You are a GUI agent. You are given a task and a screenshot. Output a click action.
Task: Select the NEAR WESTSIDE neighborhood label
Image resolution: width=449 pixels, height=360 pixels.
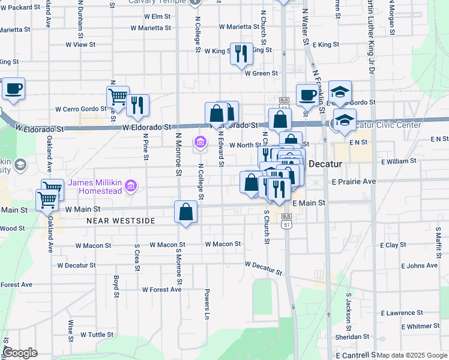coord(121,221)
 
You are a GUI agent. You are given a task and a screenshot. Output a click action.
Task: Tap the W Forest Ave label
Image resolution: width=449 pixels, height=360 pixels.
coord(161,289)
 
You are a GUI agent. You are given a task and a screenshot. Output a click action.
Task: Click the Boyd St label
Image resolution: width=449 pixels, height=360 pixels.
coord(116,286)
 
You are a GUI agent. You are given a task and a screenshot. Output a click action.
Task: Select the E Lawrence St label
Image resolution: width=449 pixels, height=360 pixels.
coord(411,313)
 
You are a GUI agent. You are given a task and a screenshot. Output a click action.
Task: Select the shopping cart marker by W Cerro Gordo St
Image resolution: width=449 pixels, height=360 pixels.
coord(118,96)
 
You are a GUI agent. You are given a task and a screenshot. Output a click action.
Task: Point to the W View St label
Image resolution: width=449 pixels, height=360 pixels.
coord(80,44)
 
